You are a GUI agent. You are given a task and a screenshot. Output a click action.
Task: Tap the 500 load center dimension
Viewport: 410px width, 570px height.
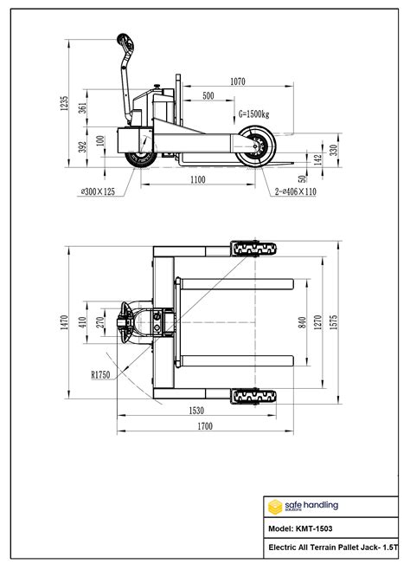point(208,96)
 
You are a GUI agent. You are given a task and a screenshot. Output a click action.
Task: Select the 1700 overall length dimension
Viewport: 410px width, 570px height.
point(205,426)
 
